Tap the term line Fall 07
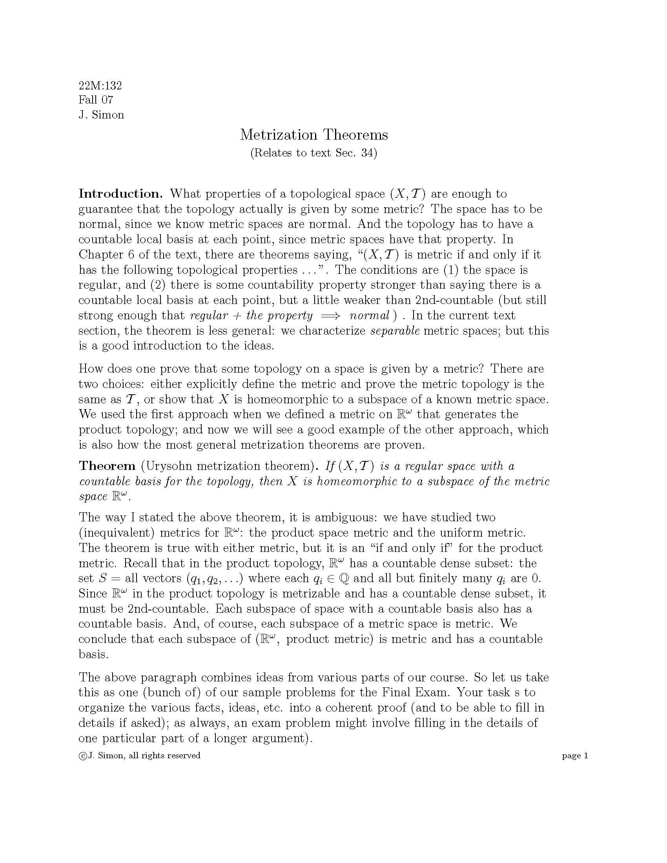96,100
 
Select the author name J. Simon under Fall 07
101,115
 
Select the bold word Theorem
107,466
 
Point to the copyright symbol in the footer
82,756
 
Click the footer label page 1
575,756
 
